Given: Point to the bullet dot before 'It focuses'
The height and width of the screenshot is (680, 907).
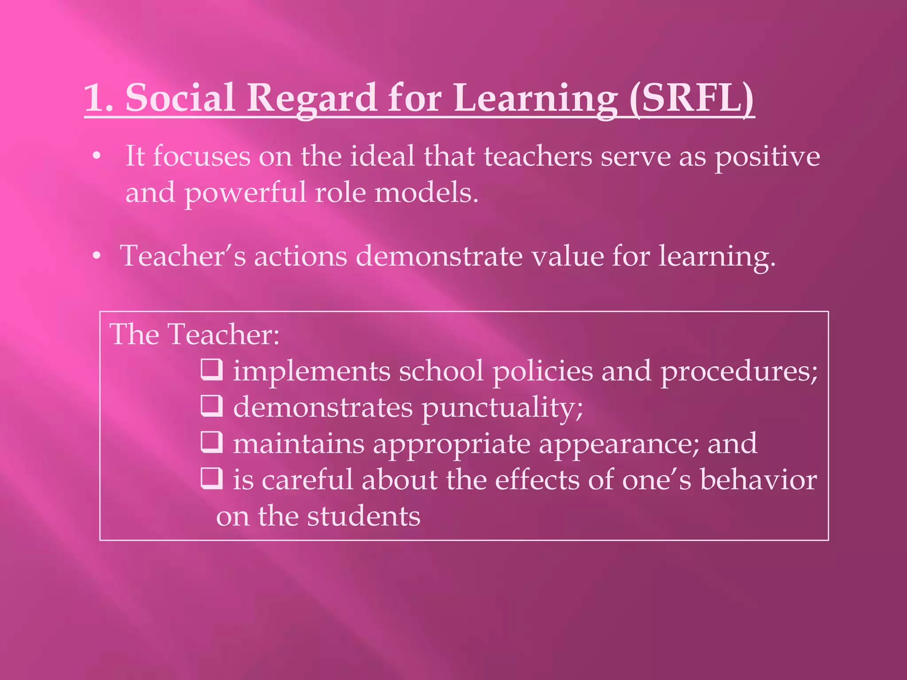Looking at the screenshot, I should coord(97,156).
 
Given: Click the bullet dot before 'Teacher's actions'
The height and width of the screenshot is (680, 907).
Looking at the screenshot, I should coord(97,256).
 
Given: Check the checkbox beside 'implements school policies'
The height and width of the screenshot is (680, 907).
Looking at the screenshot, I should coord(212,370).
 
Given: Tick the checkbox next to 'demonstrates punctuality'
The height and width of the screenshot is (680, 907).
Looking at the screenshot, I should coord(212,406).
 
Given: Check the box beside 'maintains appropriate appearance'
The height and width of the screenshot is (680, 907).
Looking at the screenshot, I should coord(212,442).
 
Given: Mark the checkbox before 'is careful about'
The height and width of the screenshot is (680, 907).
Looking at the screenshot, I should coord(212,478).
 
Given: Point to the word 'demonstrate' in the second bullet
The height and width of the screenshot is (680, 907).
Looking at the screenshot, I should coord(440,256).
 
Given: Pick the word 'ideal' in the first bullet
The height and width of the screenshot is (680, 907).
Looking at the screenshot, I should coord(382,156).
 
